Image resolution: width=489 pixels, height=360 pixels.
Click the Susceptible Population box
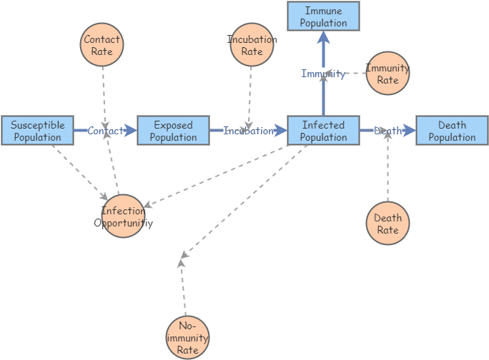[x=37, y=131]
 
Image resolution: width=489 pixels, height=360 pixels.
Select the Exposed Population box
[x=173, y=131]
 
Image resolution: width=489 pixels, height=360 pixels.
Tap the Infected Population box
[x=323, y=131]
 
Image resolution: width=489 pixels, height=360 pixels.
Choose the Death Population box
[x=452, y=131]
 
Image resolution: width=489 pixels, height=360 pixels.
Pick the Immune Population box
[x=323, y=16]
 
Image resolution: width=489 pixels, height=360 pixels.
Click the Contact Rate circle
[x=102, y=45]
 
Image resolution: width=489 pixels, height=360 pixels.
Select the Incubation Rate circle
[x=252, y=45]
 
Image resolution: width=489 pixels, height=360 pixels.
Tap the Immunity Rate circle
[x=387, y=74]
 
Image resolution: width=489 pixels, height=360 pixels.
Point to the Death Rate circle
[x=387, y=224]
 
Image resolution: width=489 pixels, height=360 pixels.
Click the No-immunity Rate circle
[x=187, y=337]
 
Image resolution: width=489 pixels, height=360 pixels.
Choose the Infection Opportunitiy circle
[x=123, y=216]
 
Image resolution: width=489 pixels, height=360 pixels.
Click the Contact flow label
[x=105, y=131]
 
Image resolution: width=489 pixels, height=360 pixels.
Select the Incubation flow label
[x=248, y=131]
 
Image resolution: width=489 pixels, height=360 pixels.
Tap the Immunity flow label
[x=323, y=74]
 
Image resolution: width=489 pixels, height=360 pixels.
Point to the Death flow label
[x=387, y=131]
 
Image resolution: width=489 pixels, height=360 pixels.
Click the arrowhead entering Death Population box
[x=410, y=131]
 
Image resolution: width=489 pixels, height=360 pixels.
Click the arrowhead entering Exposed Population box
[x=131, y=131]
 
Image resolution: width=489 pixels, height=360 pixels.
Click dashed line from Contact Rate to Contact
[x=104, y=93]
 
